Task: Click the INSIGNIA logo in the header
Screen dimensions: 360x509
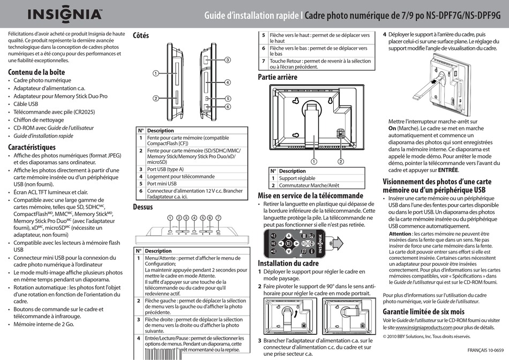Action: [x=56, y=14]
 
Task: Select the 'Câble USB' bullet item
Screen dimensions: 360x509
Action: [x=26, y=104]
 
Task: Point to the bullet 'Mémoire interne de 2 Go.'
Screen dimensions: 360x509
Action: [x=44, y=324]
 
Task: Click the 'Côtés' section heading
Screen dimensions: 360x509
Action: [x=141, y=35]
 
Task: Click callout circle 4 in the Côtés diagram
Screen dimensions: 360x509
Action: [x=228, y=82]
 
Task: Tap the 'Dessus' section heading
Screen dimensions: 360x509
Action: [x=143, y=207]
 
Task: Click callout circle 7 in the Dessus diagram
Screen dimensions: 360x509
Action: [x=219, y=217]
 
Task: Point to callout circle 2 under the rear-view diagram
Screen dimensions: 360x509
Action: [x=340, y=161]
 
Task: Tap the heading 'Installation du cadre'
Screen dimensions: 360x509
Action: [x=288, y=263]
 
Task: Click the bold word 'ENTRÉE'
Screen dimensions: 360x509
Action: [x=448, y=169]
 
